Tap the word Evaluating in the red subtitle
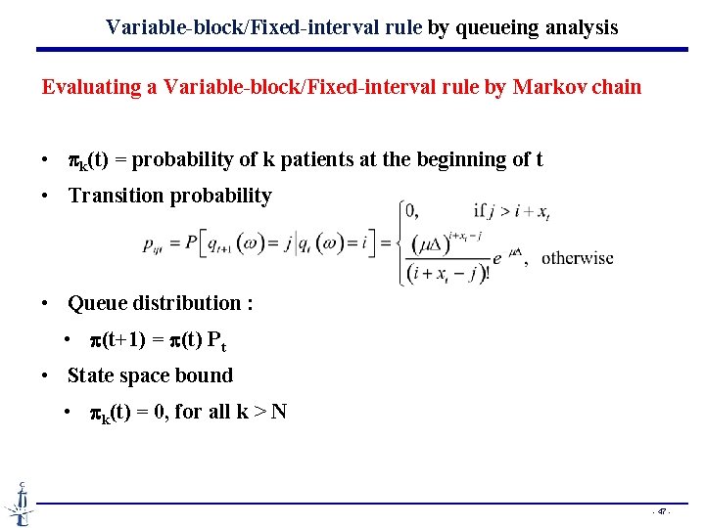point(91,87)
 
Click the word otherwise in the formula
point(577,258)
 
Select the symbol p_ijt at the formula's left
point(155,246)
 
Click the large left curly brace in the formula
point(401,242)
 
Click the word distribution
point(182,303)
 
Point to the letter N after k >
point(278,412)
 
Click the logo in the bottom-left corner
point(18,504)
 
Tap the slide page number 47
point(662,511)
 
